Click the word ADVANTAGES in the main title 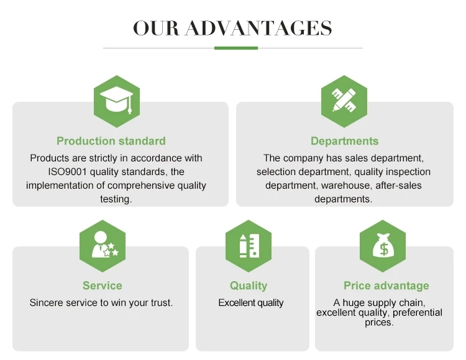pyautogui.click(x=258, y=28)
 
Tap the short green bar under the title pyautogui.click(x=236, y=48)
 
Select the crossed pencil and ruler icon pyautogui.click(x=344, y=101)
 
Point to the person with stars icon pyautogui.click(x=105, y=245)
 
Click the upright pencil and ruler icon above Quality pyautogui.click(x=249, y=246)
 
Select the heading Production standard pyautogui.click(x=111, y=141)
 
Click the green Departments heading pyautogui.click(x=345, y=141)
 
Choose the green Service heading pyautogui.click(x=103, y=286)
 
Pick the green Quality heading pyautogui.click(x=249, y=286)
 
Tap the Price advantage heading pyautogui.click(x=386, y=286)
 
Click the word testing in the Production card pyautogui.click(x=116, y=199)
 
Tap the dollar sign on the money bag pyautogui.click(x=384, y=249)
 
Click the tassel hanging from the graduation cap pyautogui.click(x=130, y=106)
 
